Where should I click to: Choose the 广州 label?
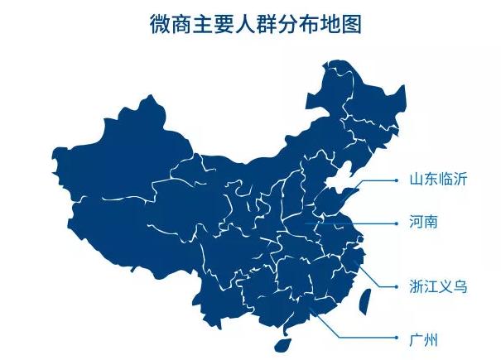pos(423,339)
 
